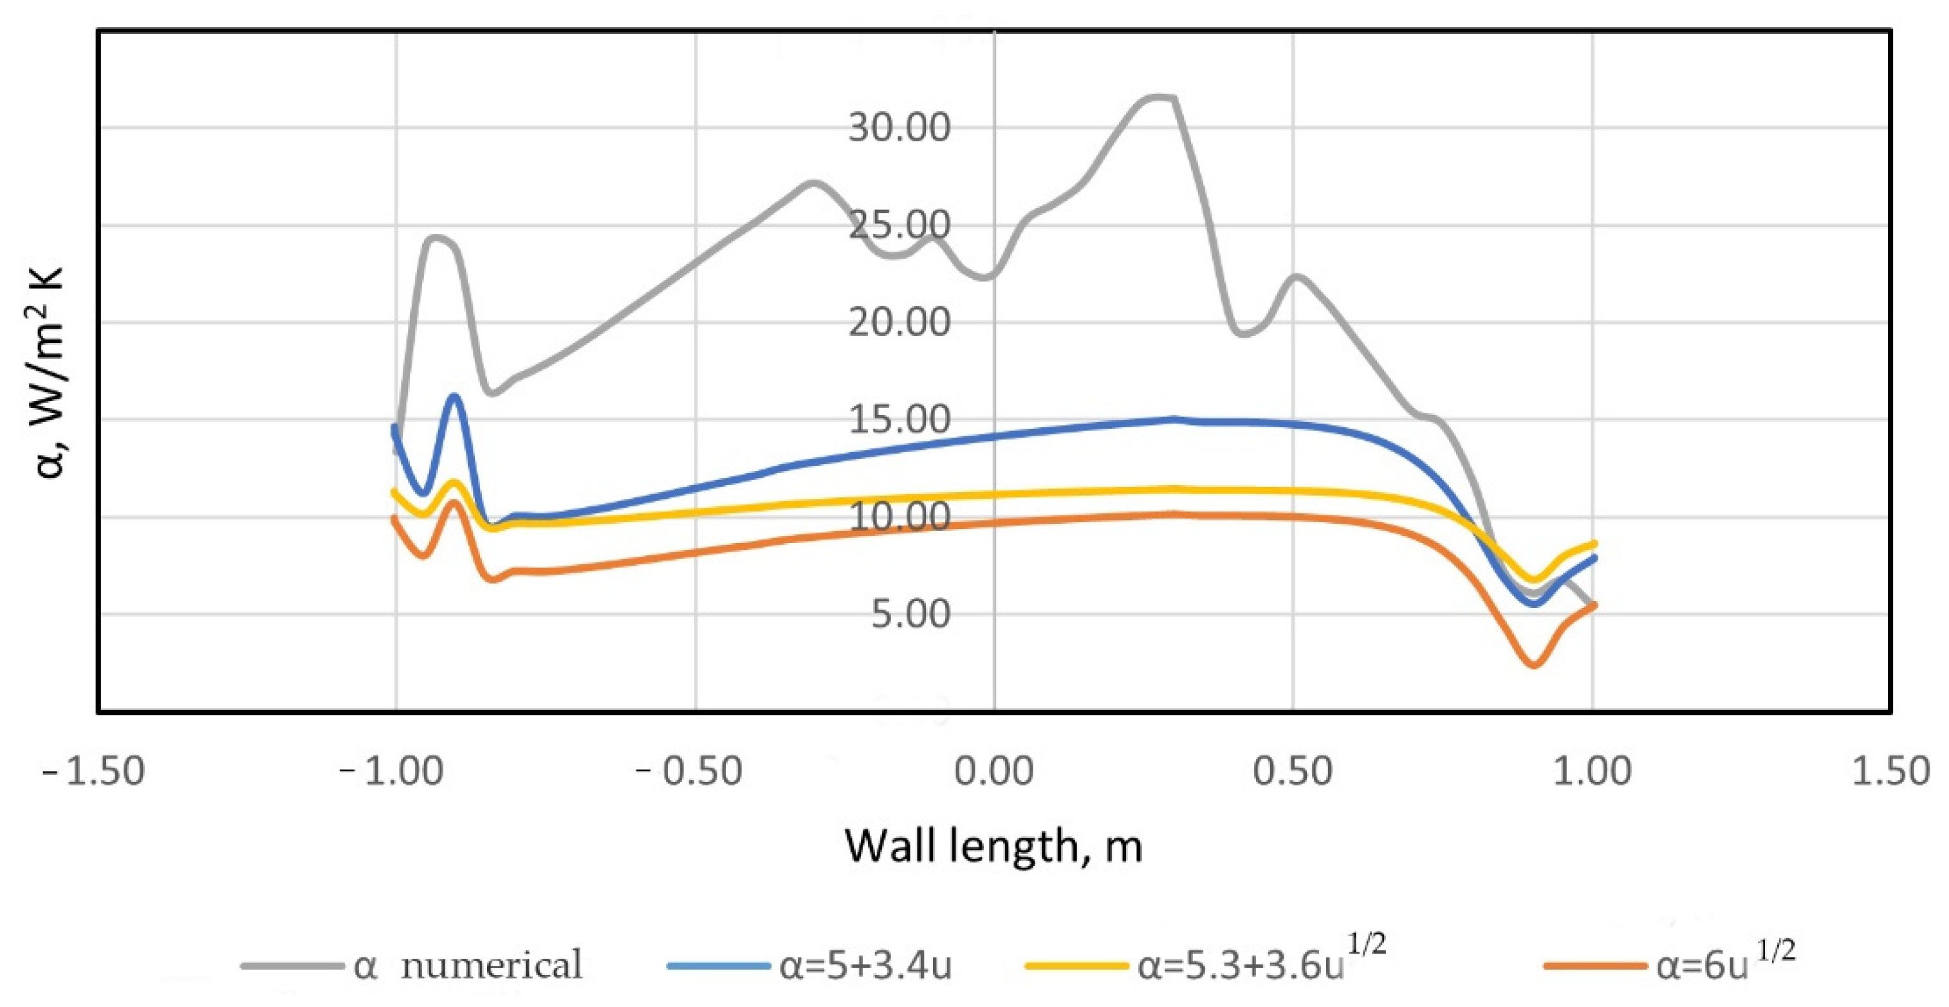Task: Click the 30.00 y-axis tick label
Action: pyautogui.click(x=899, y=127)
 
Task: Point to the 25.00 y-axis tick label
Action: pyautogui.click(x=899, y=225)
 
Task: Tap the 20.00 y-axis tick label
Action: pyautogui.click(x=899, y=322)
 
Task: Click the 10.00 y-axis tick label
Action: pyautogui.click(x=899, y=517)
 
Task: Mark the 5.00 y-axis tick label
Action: pyautogui.click(x=910, y=614)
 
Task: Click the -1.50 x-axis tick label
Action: pyautogui.click(x=94, y=771)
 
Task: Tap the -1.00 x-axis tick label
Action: pyautogui.click(x=391, y=771)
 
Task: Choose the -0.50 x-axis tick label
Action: pyautogui.click(x=689, y=771)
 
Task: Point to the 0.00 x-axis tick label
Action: pyautogui.click(x=993, y=771)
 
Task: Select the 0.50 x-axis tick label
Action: pyautogui.click(x=1292, y=771)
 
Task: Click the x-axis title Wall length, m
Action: pyautogui.click(x=993, y=847)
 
